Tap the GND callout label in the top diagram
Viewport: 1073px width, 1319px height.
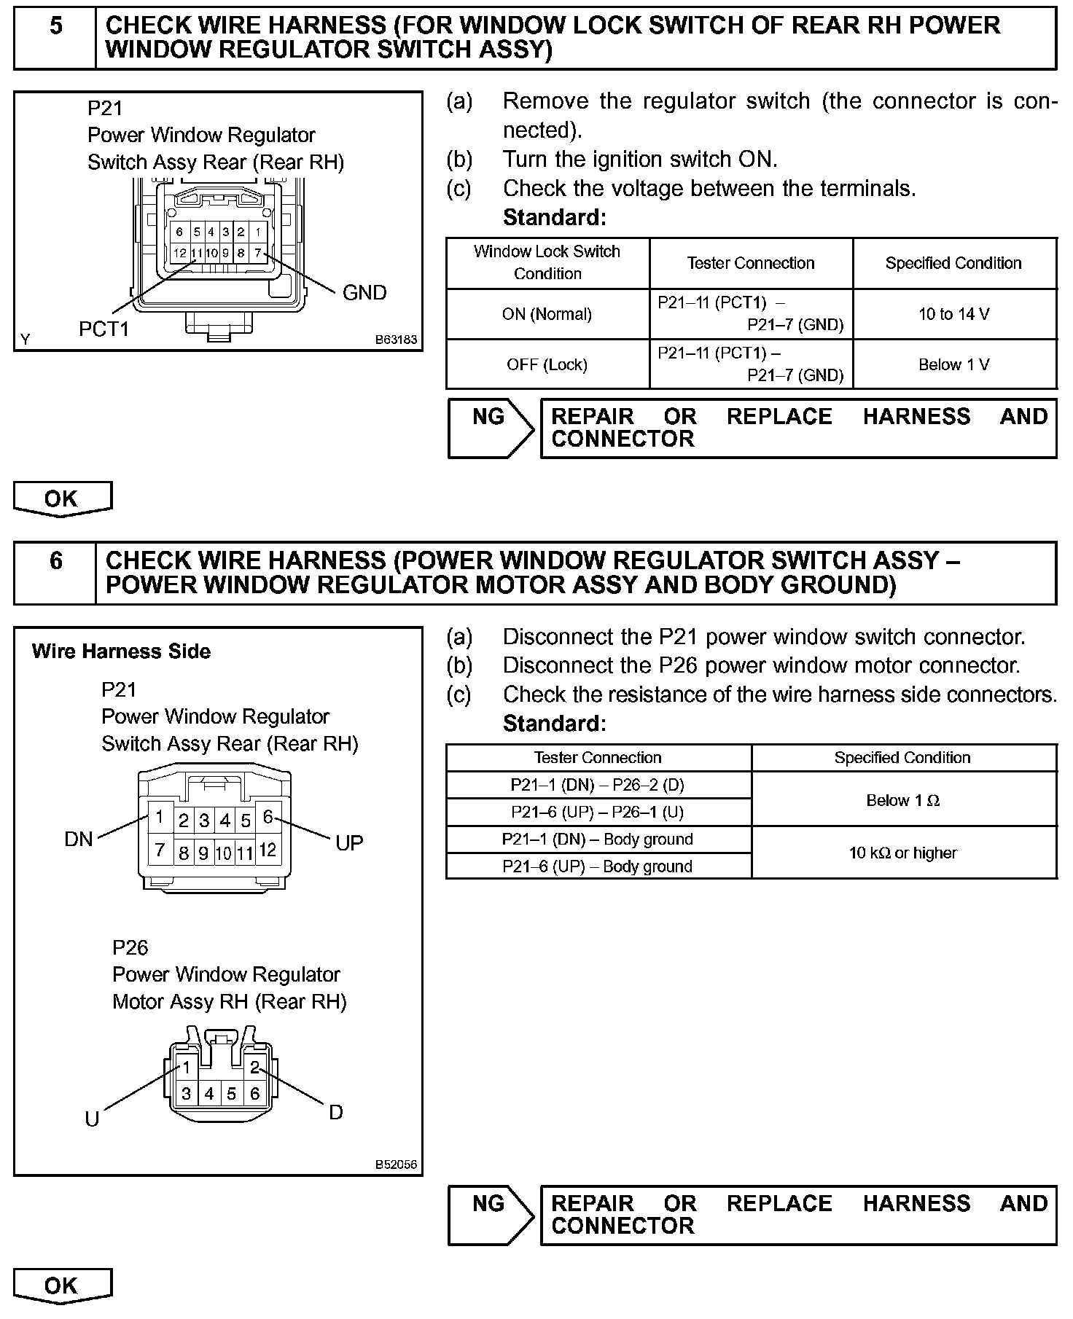364,293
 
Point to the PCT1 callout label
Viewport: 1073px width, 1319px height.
104,329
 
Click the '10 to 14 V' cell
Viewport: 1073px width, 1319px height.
953,314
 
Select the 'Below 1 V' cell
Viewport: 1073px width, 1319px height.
953,364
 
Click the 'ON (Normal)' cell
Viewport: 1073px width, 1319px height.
547,314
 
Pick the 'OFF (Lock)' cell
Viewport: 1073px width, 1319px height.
547,364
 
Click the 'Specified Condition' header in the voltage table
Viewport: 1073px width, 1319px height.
953,263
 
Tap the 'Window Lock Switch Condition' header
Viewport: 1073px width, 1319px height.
547,262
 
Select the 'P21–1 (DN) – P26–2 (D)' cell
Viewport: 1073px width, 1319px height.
598,785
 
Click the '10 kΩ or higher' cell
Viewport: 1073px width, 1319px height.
903,853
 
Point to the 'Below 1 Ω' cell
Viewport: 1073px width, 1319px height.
903,800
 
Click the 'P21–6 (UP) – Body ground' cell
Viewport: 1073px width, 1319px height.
598,866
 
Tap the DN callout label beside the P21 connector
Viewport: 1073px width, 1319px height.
79,839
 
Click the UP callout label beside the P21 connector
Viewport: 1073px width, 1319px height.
349,843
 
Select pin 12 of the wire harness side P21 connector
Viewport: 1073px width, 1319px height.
268,850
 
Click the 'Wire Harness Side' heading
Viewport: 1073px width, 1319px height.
121,651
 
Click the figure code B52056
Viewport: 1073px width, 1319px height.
396,1165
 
